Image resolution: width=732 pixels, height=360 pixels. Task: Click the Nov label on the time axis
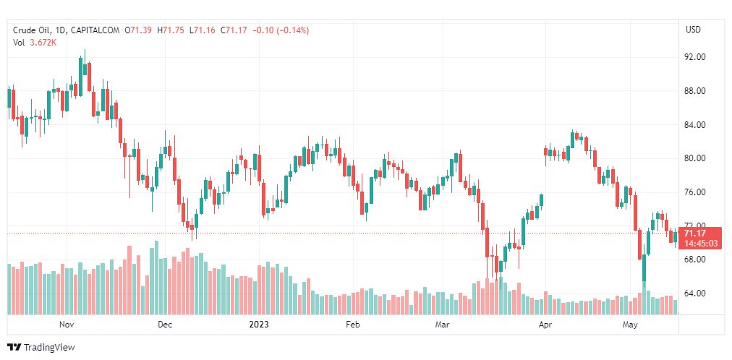click(x=67, y=325)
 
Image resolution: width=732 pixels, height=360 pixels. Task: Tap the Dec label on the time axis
click(x=164, y=325)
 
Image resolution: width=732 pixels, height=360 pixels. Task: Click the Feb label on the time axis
click(x=352, y=325)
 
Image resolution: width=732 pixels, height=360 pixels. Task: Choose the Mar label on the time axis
click(x=442, y=325)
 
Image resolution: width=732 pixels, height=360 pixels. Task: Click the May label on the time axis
click(x=631, y=325)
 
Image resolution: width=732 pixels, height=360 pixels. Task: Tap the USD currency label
click(x=693, y=30)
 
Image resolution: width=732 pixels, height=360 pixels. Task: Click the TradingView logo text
click(x=49, y=348)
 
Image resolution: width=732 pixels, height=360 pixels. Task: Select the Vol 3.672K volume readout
click(x=35, y=43)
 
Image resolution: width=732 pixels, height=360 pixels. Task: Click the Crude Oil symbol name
click(x=32, y=30)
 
